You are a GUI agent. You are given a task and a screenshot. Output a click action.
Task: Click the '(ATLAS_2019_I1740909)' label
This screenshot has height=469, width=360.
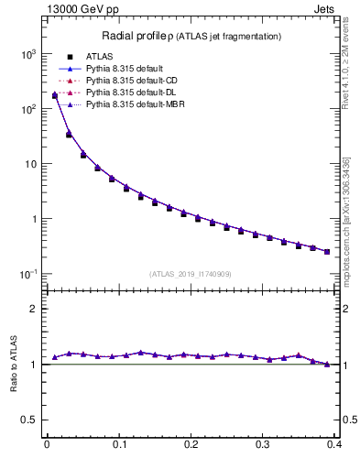(190, 274)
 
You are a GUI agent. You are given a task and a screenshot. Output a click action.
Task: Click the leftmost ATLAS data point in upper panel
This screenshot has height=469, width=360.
(55, 95)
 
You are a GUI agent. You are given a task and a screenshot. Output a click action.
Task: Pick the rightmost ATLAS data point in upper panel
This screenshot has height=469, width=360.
(327, 251)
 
